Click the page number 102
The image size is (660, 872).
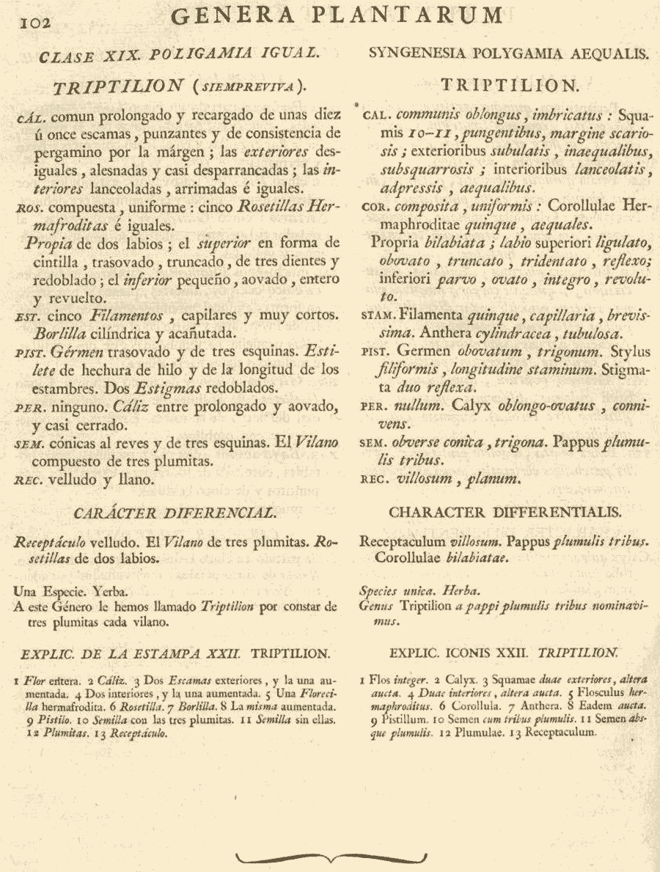pyautogui.click(x=34, y=23)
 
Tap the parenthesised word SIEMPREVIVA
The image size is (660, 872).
pyautogui.click(x=246, y=87)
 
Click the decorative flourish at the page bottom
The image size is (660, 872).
pyautogui.click(x=330, y=855)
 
